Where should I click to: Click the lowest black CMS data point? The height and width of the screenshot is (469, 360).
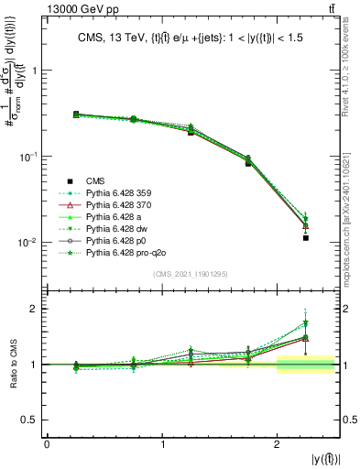306,238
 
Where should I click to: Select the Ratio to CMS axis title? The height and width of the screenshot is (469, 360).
19,365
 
